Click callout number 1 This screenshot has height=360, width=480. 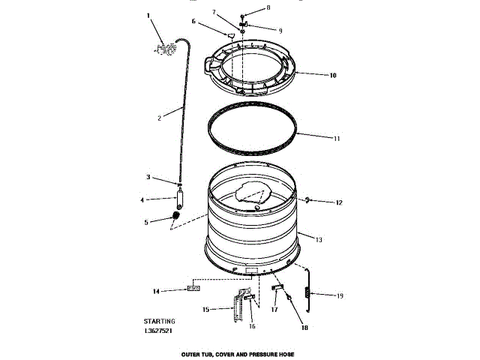coord(148,16)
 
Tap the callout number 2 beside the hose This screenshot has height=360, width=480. coord(160,118)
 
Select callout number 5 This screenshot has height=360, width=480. coord(146,221)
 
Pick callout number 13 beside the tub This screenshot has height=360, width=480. coord(319,240)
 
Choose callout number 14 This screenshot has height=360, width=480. coord(156,290)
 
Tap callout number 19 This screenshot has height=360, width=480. coord(339,295)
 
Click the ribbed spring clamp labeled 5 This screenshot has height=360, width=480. coord(177,217)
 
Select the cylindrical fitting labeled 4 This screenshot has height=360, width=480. coord(180,201)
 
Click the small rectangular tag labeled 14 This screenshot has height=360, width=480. coord(193,289)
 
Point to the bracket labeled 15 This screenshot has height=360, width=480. coord(238,307)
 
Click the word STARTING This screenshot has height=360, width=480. coord(160,321)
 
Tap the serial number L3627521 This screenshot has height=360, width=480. coord(160,330)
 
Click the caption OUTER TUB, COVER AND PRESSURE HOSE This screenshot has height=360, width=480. coord(238,352)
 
